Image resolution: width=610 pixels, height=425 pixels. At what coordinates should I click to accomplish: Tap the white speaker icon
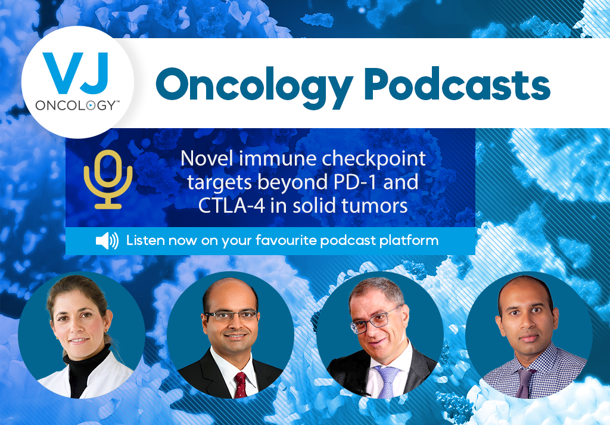coord(107,241)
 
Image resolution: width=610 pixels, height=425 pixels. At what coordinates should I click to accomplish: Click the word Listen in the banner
coord(144,241)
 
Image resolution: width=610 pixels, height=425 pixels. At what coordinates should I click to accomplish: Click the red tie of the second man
coord(241,382)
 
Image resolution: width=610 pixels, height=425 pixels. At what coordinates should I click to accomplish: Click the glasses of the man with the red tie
coord(229,316)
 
